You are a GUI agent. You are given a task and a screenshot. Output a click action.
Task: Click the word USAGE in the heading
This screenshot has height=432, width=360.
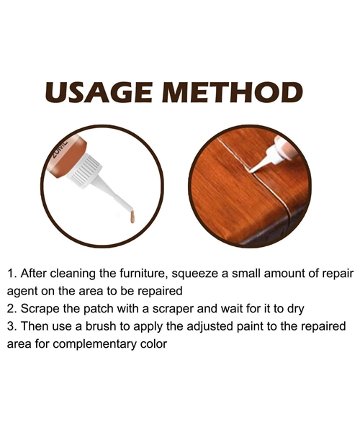tap(99, 92)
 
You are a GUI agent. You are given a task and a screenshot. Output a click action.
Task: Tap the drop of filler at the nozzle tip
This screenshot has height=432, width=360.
tap(132, 217)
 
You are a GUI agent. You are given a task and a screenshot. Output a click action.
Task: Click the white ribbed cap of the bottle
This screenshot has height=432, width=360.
tap(85, 170)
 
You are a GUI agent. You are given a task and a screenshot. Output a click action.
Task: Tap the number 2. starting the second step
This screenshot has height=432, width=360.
tap(12, 309)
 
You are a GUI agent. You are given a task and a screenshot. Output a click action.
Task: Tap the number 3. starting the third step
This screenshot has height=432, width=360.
tap(12, 326)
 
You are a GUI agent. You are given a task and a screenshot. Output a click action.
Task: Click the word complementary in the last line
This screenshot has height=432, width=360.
tap(89, 345)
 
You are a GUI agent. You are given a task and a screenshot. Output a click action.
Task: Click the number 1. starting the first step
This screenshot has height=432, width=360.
tap(13, 274)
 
